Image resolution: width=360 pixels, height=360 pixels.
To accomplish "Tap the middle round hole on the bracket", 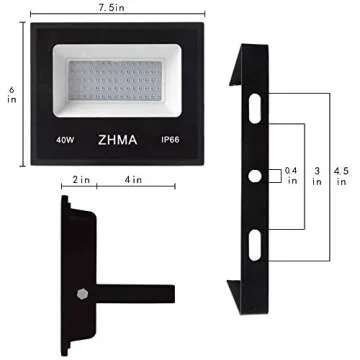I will click(255, 176).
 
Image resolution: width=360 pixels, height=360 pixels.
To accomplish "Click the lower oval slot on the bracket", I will click(255, 244).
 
